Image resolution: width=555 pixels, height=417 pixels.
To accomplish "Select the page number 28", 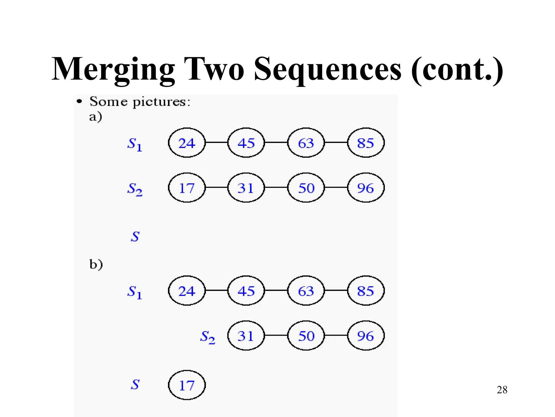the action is click(x=502, y=390).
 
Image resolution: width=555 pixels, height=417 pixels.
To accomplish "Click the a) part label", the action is click(x=95, y=117).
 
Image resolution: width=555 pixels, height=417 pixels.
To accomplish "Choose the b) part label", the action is click(x=96, y=264).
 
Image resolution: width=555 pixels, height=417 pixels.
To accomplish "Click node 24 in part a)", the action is click(x=187, y=143).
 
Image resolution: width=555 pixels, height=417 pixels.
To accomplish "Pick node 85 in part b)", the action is click(x=366, y=291).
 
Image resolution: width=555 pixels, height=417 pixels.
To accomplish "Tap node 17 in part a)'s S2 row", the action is click(x=187, y=188).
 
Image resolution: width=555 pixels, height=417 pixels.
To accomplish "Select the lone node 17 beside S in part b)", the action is click(x=187, y=385).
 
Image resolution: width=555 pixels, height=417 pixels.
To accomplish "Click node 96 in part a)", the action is click(x=366, y=188).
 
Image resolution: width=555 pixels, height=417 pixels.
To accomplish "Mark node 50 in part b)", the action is click(x=306, y=336).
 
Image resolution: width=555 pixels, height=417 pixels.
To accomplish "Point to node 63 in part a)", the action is click(x=306, y=143).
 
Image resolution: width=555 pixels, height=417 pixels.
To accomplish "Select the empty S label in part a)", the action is click(x=135, y=236).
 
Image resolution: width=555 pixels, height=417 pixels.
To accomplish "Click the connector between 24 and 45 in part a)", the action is click(x=217, y=142).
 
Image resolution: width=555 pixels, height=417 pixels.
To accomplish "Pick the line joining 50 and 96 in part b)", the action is click(x=336, y=335).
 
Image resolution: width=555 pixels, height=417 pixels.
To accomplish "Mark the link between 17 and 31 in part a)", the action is click(x=217, y=187).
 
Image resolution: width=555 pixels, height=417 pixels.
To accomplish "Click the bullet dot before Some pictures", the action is click(x=79, y=102).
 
